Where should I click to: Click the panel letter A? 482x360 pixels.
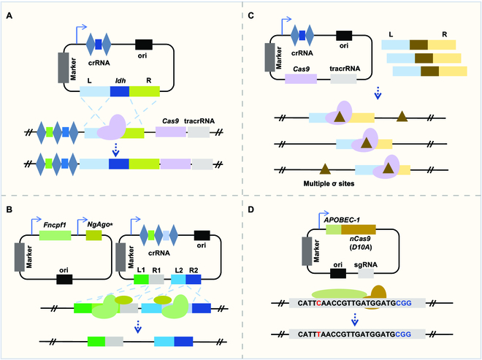tap(10, 9)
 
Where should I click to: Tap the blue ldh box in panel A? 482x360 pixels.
tap(119, 92)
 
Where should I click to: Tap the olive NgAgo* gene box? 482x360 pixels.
tap(94, 235)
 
